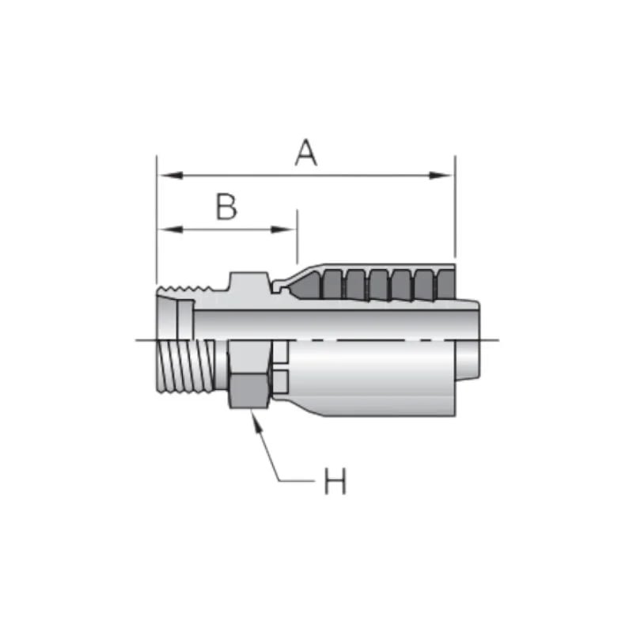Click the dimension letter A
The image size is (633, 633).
point(306,152)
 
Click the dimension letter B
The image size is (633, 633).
point(226,207)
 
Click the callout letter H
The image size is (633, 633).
point(335,481)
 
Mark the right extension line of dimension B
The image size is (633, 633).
point(297,237)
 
